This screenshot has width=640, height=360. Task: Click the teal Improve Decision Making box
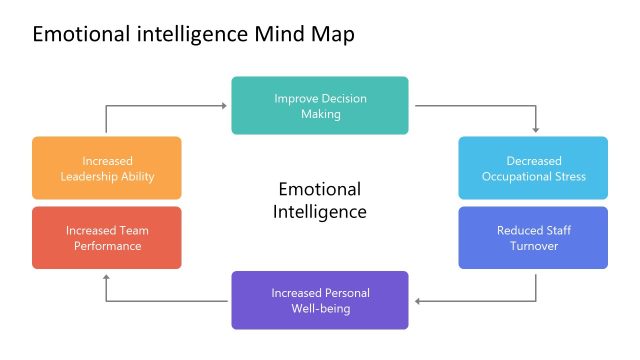pos(320,105)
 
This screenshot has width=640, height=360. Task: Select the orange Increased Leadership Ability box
pos(107,168)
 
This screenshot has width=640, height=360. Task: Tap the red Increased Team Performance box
pos(107,237)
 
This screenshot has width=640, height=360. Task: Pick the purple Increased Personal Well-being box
pos(320,300)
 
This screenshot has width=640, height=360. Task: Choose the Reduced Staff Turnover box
pos(533,237)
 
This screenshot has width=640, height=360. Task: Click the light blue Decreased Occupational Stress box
pos(533,168)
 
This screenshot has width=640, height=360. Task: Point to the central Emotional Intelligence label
pos(320,200)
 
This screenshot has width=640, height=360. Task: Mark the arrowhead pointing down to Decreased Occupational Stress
pos(536,129)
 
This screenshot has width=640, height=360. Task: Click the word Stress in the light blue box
pos(566,177)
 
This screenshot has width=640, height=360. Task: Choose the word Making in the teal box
pos(320,114)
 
